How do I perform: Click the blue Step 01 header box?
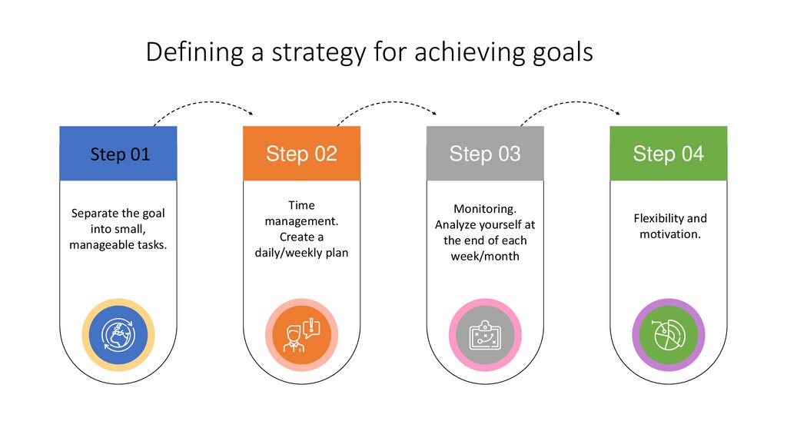tap(118, 154)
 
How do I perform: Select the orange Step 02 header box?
tap(301, 154)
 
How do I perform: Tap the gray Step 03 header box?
tap(485, 154)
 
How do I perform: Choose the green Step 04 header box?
tap(668, 154)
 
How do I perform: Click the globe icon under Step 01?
tap(118, 335)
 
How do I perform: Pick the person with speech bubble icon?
tap(301, 335)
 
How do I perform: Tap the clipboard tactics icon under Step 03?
tap(485, 335)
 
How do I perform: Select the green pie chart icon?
tap(668, 335)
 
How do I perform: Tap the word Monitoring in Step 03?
tap(484, 209)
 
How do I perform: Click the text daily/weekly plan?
tap(301, 252)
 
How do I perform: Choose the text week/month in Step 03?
tap(485, 256)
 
